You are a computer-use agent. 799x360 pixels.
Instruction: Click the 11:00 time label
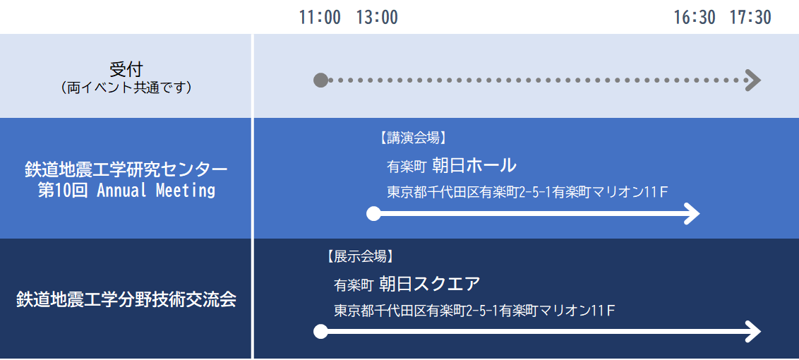pos(320,18)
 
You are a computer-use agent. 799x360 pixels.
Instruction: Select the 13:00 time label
pos(377,18)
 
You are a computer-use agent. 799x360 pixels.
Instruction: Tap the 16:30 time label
pos(695,18)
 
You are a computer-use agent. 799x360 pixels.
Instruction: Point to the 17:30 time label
pos(750,18)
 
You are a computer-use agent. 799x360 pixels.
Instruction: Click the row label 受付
pos(126,69)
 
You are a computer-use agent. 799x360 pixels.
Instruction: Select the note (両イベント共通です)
pos(126,88)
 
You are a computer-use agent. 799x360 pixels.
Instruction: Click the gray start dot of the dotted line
pos(320,80)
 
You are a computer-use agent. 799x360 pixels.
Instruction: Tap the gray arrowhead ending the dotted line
pos(753,80)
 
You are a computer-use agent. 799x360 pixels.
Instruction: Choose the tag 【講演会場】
pos(413,137)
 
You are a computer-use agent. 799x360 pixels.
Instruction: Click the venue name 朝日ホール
pos(474,164)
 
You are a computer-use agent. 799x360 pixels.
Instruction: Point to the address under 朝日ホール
pos(527,192)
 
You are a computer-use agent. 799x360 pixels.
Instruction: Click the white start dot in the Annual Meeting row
pos(373,214)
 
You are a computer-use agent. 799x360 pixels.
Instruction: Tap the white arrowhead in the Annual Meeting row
pos(692,214)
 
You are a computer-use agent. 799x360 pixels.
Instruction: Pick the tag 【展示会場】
pos(361,256)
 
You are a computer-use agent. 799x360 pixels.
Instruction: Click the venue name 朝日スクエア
pos(430,284)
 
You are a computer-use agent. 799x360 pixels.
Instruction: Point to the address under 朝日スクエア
pos(474,311)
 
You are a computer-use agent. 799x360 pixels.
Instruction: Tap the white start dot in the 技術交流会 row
pos(320,332)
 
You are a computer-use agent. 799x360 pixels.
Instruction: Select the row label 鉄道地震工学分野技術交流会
pos(126,299)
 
